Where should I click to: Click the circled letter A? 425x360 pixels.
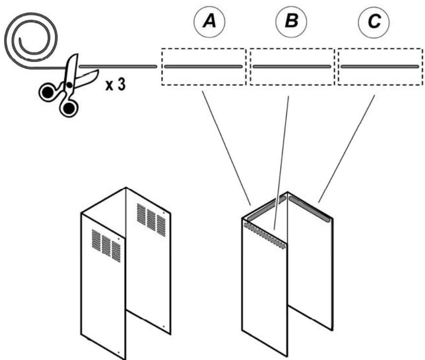pyautogui.click(x=209, y=21)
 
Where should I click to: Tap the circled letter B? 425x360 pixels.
pyautogui.click(x=291, y=21)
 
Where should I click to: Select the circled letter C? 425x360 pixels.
pyautogui.click(x=374, y=21)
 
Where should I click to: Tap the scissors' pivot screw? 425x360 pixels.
pyautogui.click(x=69, y=85)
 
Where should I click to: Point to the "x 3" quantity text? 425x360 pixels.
pyautogui.click(x=116, y=85)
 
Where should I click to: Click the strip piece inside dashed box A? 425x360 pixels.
pyautogui.click(x=203, y=66)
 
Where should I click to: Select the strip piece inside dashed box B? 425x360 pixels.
pyautogui.click(x=292, y=66)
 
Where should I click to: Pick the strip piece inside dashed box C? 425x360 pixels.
pyautogui.click(x=380, y=66)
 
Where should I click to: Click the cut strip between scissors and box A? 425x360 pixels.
pyautogui.click(x=118, y=66)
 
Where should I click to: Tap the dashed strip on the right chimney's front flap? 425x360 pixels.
pyautogui.click(x=265, y=235)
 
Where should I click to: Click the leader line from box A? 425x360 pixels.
pyautogui.click(x=226, y=148)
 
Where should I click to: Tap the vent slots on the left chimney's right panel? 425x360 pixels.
pyautogui.click(x=151, y=220)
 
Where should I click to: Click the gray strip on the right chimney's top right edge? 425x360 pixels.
pyautogui.click(x=310, y=209)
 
